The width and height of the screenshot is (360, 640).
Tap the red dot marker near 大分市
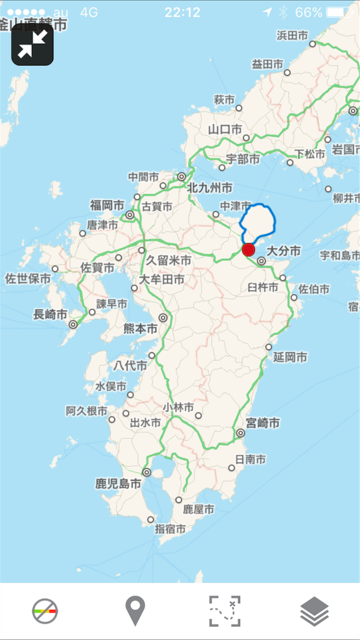[249, 250]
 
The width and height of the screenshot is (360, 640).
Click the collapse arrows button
[32, 44]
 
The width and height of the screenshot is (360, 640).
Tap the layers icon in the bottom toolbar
[314, 611]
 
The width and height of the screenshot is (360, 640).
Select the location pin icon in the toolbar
[135, 611]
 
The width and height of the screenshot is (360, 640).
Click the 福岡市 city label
[107, 205]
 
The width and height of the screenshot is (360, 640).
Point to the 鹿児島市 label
[117, 483]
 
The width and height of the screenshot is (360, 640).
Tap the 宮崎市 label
[262, 423]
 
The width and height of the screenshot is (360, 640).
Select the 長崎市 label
[50, 314]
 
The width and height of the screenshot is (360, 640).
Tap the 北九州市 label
[209, 187]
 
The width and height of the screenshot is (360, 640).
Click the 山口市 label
[225, 130]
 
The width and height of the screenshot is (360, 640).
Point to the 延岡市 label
[290, 357]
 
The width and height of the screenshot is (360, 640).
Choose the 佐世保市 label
[28, 278]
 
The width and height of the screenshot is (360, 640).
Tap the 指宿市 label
[171, 529]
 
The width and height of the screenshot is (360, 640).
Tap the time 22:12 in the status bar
[182, 12]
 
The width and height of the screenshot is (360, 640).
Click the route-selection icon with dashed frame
[224, 611]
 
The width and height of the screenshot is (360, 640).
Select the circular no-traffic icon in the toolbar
[45, 611]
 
